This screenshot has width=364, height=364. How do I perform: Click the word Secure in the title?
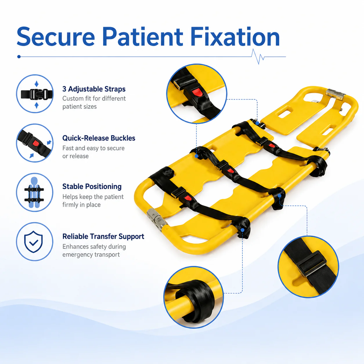(56, 37)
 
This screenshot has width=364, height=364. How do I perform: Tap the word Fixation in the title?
(235, 37)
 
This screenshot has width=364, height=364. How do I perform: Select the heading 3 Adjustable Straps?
(94, 89)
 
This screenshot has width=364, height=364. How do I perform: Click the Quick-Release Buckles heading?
(99, 138)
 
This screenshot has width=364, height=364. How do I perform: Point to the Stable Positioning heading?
(92, 187)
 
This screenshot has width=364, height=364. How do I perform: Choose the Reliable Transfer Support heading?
(103, 236)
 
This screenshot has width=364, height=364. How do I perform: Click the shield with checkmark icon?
(33, 242)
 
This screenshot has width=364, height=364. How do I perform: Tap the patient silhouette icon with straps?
(34, 192)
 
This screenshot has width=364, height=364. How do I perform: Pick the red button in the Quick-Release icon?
(35, 143)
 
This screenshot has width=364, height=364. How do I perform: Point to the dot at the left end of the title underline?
(19, 57)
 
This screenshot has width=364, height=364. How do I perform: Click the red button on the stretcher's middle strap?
(230, 171)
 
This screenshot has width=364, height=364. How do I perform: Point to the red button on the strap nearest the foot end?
(188, 198)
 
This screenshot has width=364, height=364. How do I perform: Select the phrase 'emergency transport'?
(91, 255)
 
